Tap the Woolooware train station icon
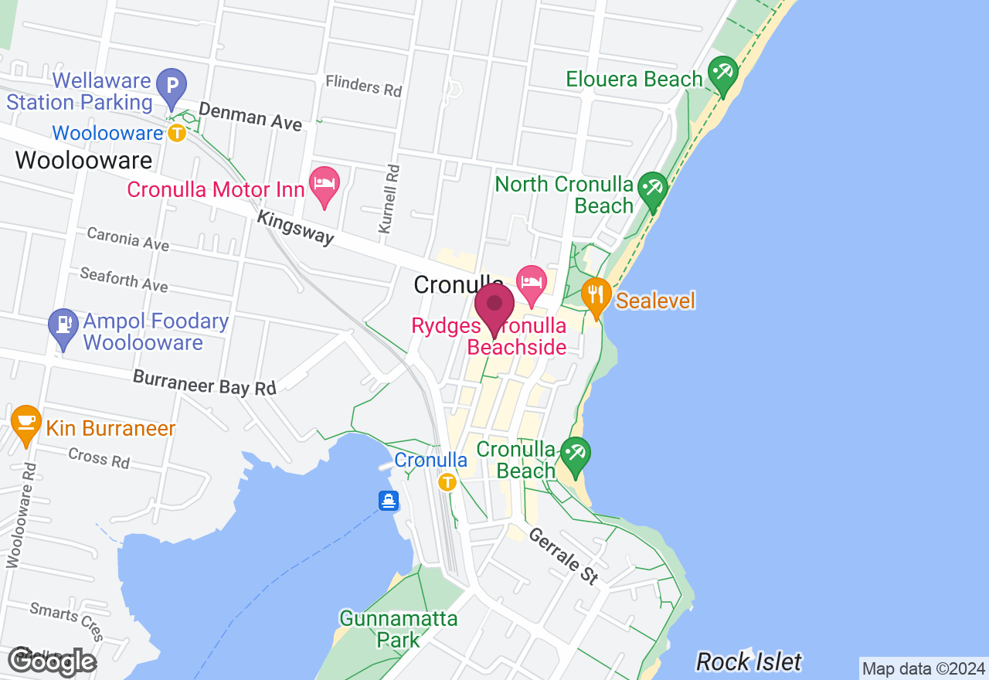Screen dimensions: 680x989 [x=177, y=133]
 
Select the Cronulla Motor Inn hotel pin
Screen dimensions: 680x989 [x=325, y=184]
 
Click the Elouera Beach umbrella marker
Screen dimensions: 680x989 [x=723, y=73]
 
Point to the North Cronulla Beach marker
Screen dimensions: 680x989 [x=654, y=189]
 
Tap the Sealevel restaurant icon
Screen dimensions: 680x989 [x=596, y=296]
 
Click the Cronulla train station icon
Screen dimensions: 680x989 [x=447, y=483]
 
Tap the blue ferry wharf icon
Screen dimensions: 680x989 [x=389, y=501]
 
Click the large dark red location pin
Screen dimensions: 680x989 [x=494, y=307]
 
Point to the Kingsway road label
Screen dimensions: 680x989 [x=296, y=228]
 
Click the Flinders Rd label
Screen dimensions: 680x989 [x=363, y=85]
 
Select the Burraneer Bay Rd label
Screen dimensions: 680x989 [x=204, y=382]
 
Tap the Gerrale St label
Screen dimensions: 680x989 [x=564, y=555]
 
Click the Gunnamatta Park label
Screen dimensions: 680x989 [x=399, y=629]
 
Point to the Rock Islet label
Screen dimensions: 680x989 [x=749, y=661]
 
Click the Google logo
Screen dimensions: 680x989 [x=53, y=662]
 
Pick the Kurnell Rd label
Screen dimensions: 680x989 [x=388, y=199]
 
